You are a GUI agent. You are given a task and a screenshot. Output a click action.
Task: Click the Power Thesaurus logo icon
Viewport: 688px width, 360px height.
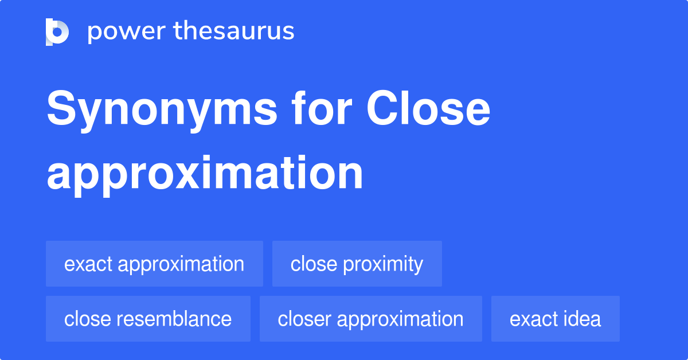point(57,32)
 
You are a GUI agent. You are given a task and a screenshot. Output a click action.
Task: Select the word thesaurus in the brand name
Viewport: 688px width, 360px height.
point(234,32)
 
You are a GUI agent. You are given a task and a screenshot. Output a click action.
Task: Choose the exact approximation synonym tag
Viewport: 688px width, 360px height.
point(154,264)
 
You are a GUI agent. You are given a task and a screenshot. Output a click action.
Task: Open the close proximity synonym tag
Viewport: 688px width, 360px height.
point(357,264)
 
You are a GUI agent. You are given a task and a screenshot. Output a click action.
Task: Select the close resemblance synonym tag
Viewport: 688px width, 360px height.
point(148,319)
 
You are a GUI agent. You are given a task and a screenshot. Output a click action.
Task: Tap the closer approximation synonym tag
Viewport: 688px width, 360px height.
point(370,319)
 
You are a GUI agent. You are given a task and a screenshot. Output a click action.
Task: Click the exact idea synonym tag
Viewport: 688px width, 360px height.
point(555,319)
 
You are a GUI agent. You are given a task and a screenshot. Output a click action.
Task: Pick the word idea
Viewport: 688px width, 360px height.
point(582,319)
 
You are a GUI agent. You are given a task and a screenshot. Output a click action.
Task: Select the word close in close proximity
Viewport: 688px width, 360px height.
point(314,264)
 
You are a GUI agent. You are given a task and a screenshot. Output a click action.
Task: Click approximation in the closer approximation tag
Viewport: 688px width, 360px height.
point(400,319)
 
